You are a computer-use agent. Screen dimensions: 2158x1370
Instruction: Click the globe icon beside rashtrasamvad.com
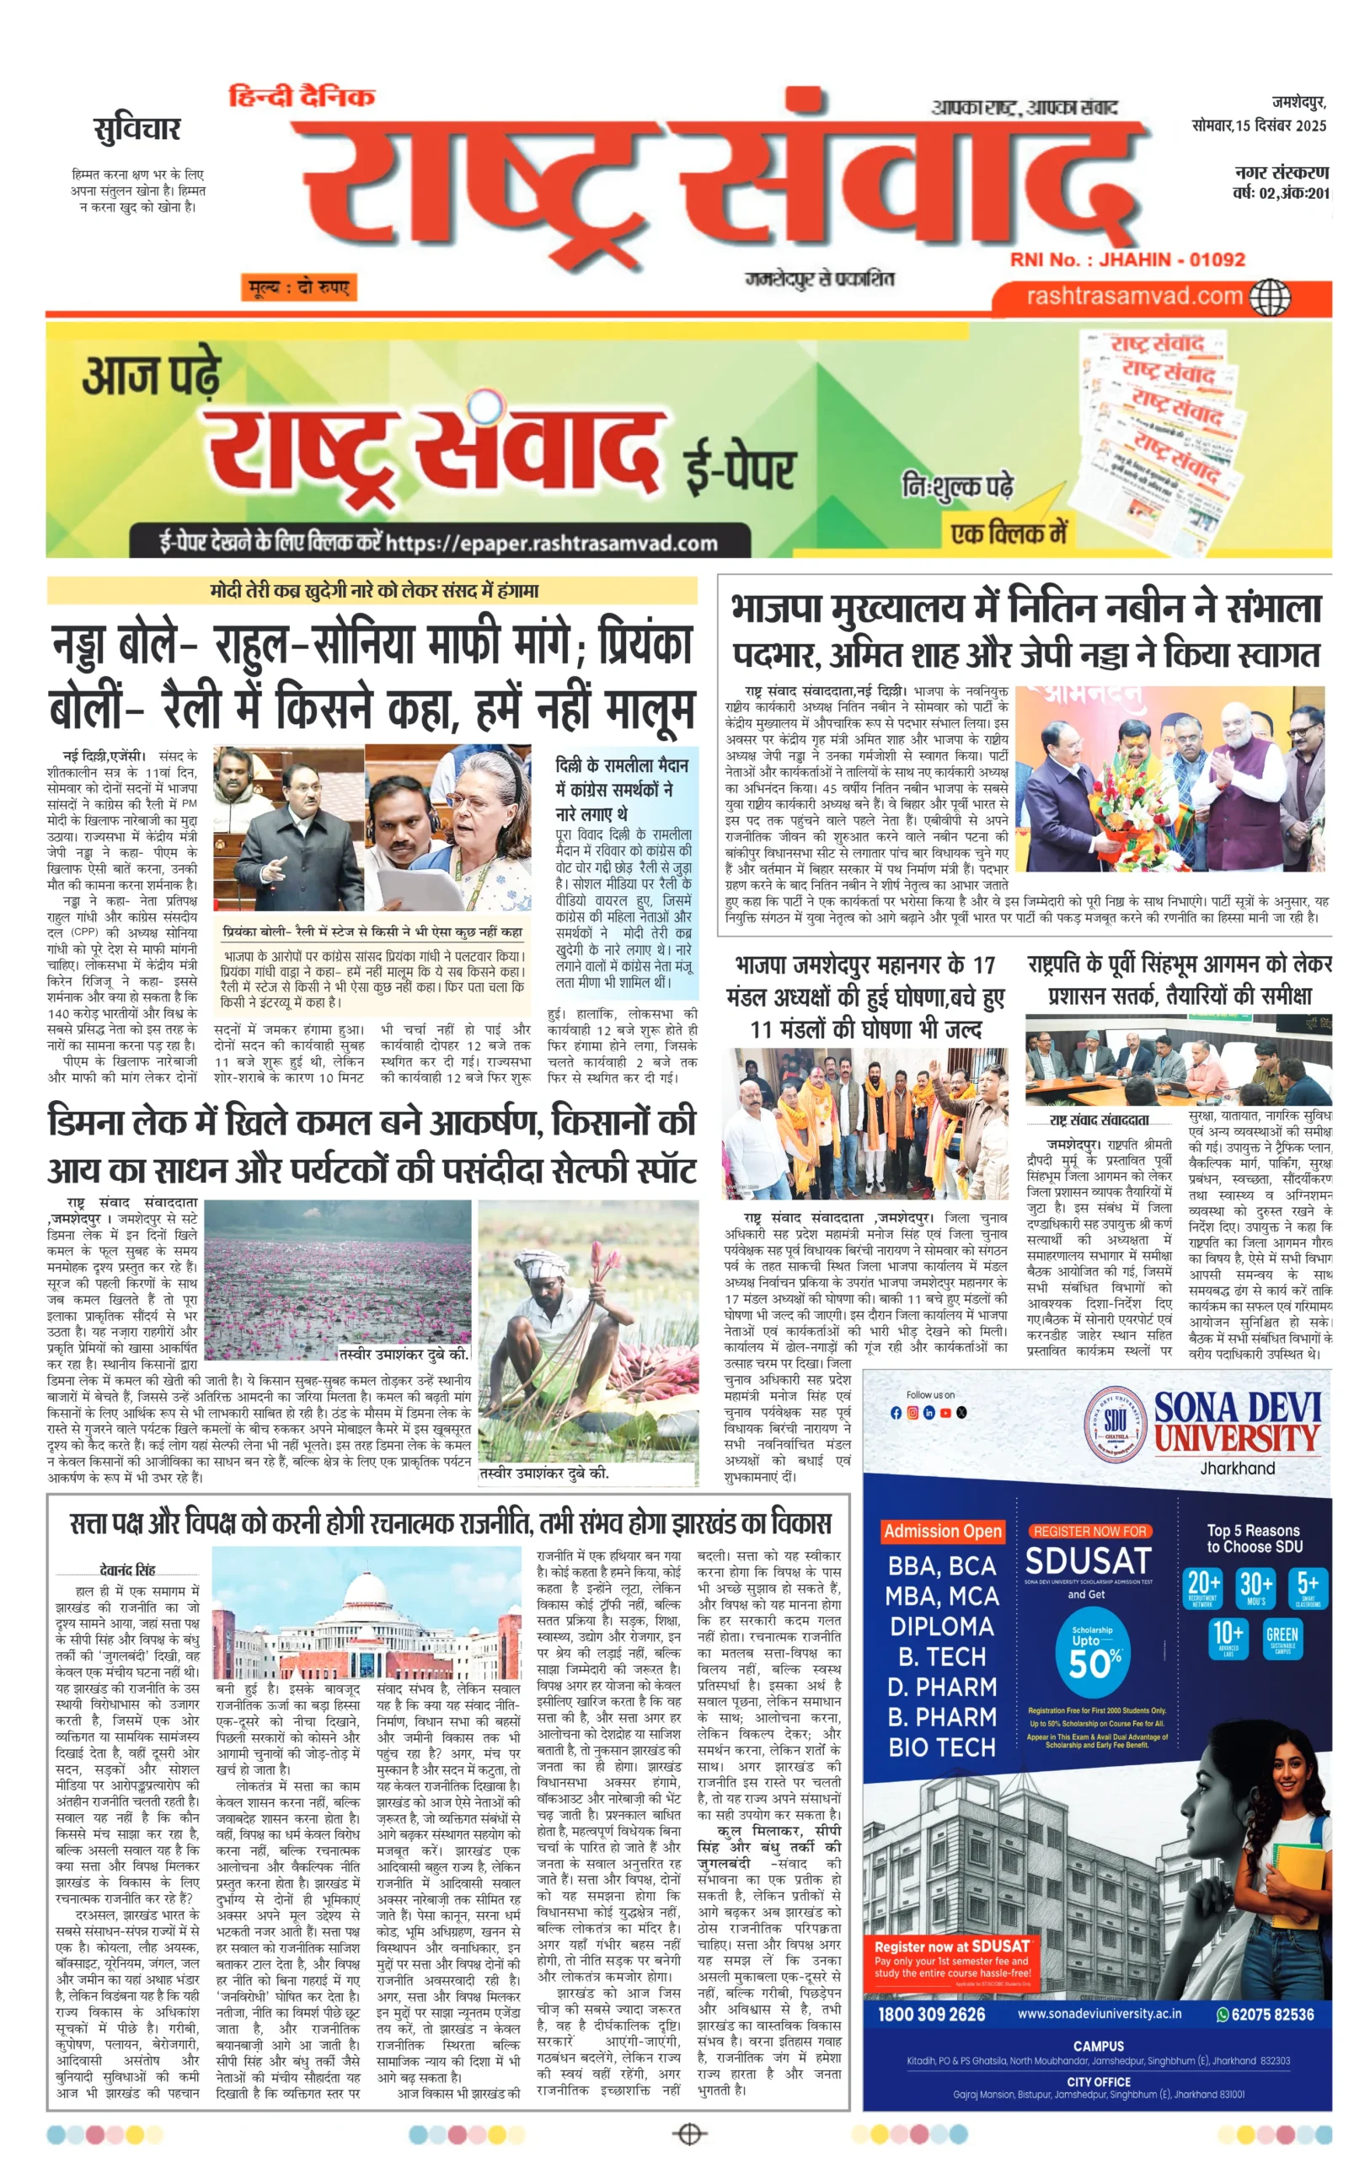(1270, 297)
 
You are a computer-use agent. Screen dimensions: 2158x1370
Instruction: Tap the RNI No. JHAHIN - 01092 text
(1127, 260)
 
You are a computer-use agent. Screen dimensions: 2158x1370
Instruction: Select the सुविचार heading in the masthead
(137, 130)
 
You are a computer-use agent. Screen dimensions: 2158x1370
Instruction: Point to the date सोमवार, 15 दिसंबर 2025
(1258, 126)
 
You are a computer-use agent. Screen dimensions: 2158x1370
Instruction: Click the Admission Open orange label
(942, 1531)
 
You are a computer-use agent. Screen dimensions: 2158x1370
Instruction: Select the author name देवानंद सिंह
(127, 1570)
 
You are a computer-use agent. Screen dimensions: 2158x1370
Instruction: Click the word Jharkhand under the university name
(1237, 1468)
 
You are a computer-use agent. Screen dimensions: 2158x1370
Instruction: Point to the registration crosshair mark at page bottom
(688, 2134)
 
